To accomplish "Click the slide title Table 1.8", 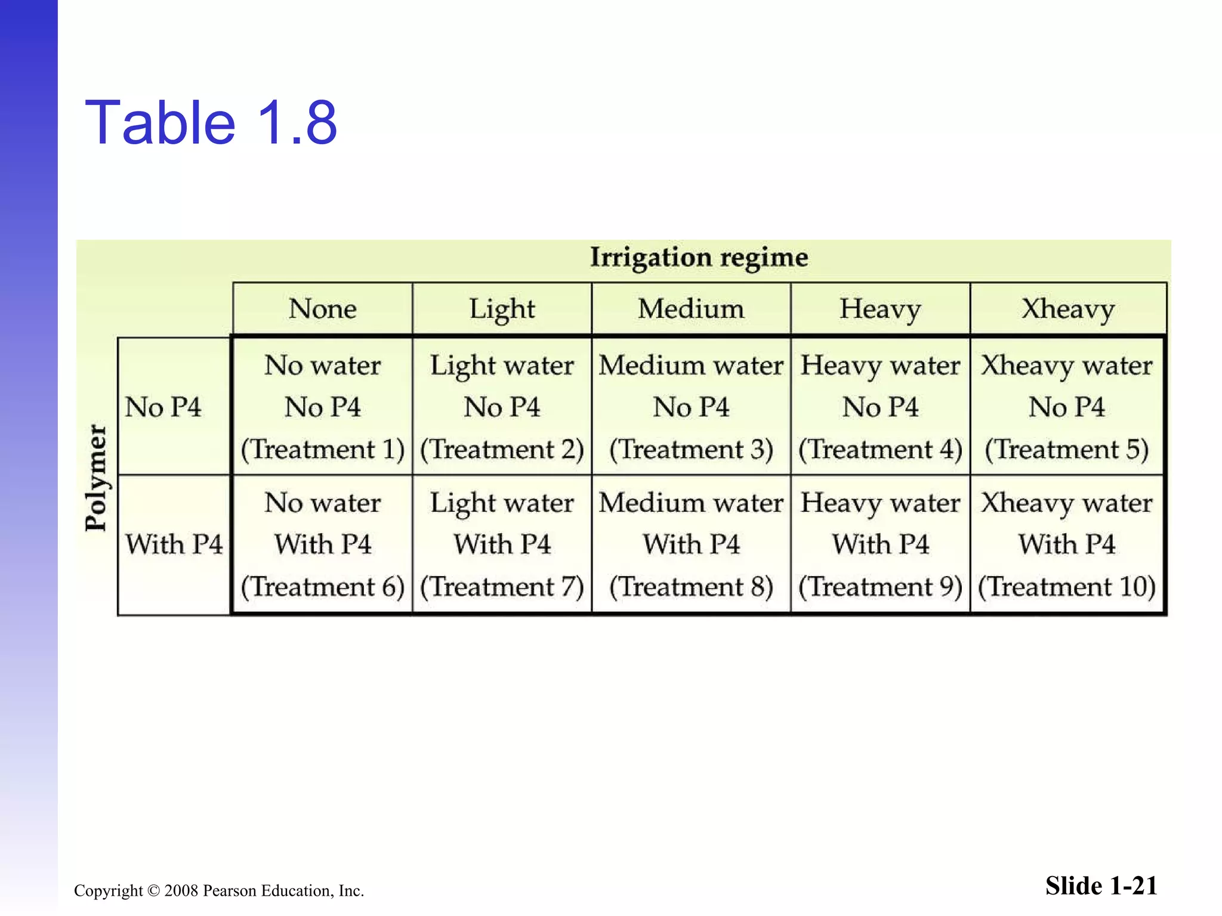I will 211,123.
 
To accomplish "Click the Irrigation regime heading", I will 699,258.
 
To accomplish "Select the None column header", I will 322,309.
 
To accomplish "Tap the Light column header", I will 502,309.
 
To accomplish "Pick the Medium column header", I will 690,309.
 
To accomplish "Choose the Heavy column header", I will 880,309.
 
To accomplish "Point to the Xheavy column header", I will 1067,309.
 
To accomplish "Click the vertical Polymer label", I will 95,477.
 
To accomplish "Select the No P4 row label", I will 163,407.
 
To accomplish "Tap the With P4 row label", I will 174,544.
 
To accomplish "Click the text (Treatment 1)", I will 322,450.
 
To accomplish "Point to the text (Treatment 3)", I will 690,450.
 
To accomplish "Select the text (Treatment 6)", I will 322,587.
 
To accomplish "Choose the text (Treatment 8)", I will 690,587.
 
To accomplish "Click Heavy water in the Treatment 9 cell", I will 880,503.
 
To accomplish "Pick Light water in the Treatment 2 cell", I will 502,366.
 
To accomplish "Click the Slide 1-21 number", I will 1101,886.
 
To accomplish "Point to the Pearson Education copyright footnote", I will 219,890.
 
